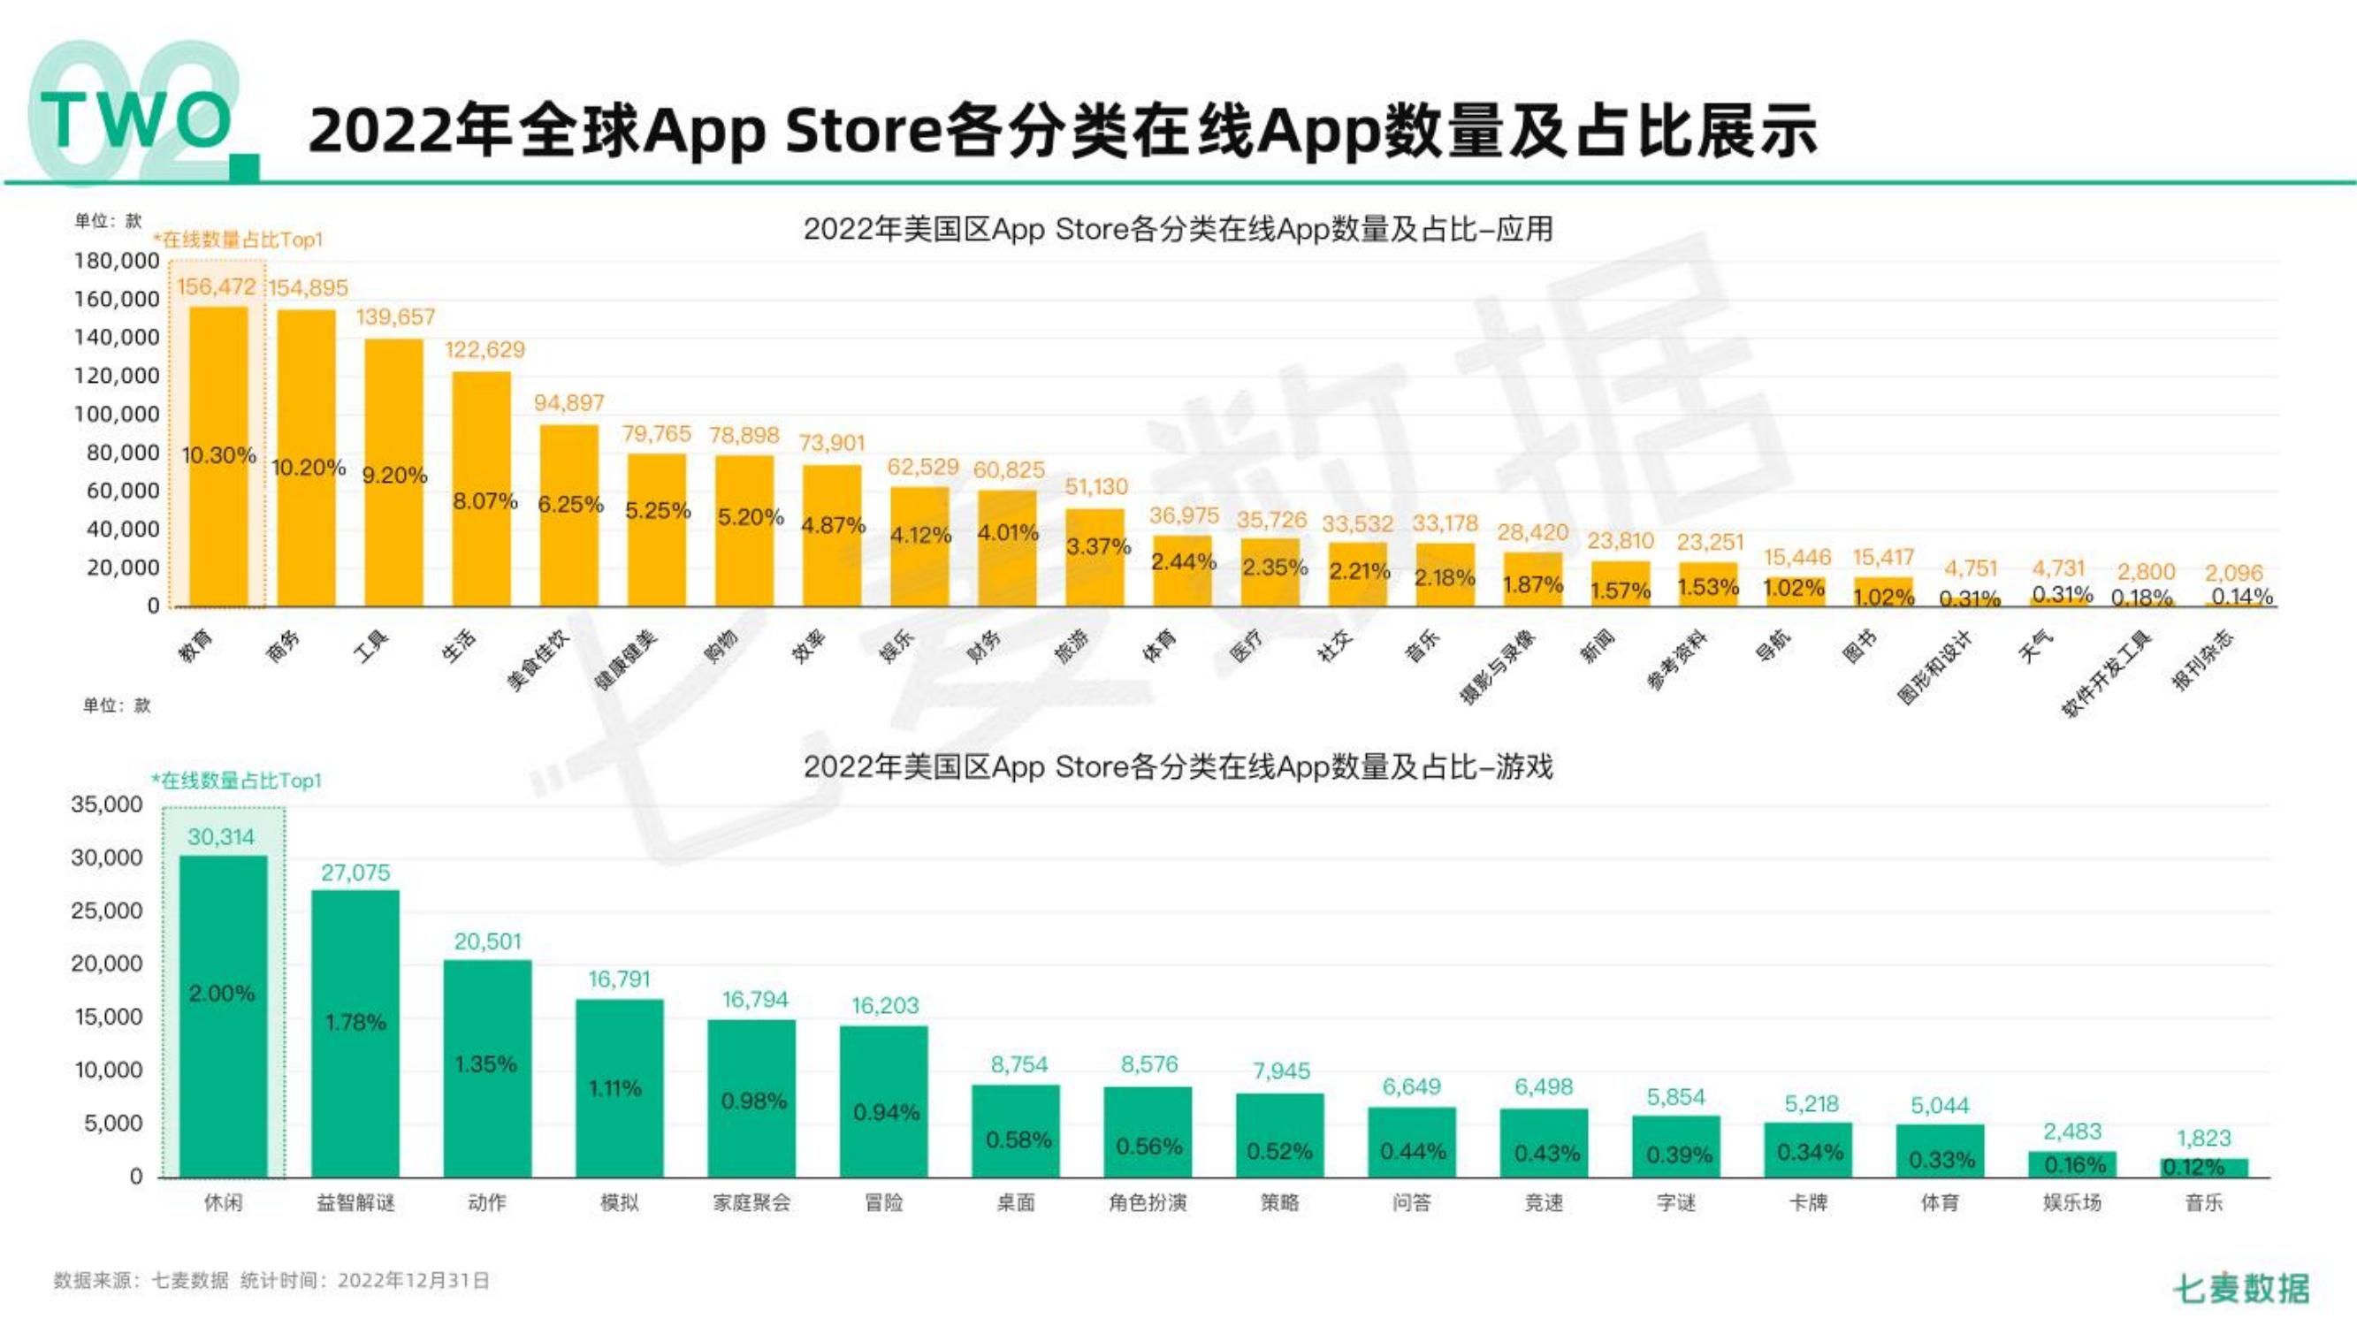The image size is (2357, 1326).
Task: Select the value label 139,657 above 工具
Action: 395,316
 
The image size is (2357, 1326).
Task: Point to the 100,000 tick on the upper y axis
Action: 116,414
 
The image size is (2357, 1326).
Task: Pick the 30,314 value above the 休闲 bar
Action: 220,836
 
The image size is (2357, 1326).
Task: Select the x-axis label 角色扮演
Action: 1148,1202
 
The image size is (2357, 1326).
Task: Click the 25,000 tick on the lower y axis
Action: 107,911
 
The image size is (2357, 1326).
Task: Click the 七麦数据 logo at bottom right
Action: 2242,1288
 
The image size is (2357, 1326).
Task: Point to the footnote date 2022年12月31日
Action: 414,1280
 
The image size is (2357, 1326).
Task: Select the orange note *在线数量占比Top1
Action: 238,240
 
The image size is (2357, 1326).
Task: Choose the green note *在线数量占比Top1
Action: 236,781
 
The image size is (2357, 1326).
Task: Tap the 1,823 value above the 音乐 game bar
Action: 2203,1138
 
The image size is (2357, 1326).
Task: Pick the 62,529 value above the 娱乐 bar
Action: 922,467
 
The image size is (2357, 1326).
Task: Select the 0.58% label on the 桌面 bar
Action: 1018,1139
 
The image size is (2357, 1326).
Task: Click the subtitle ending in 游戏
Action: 1178,766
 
